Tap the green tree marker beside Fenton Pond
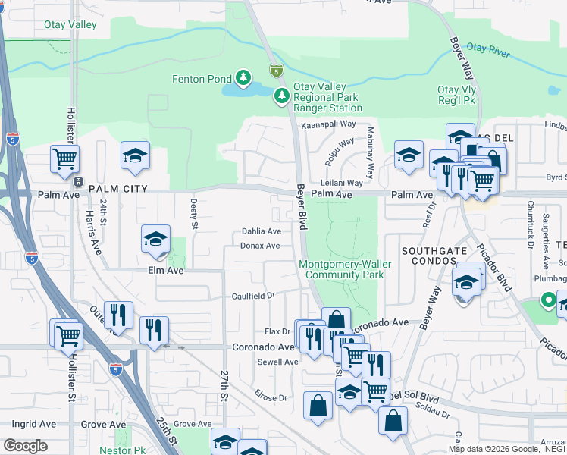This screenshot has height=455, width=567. [x=243, y=77]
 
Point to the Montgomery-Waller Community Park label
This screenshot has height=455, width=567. [x=342, y=270]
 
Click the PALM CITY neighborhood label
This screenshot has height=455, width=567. [x=117, y=187]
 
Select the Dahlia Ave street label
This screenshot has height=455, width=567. [x=261, y=231]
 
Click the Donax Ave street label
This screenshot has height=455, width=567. [x=261, y=246]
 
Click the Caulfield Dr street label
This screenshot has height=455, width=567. [x=252, y=295]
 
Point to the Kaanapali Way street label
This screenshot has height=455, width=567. [x=328, y=124]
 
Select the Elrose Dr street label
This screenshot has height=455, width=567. [x=271, y=397]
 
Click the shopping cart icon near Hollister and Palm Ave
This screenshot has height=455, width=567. [x=65, y=159]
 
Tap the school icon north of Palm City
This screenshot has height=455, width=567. [x=135, y=155]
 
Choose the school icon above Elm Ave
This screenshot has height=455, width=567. [x=155, y=240]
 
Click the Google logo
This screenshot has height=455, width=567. [x=25, y=446]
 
